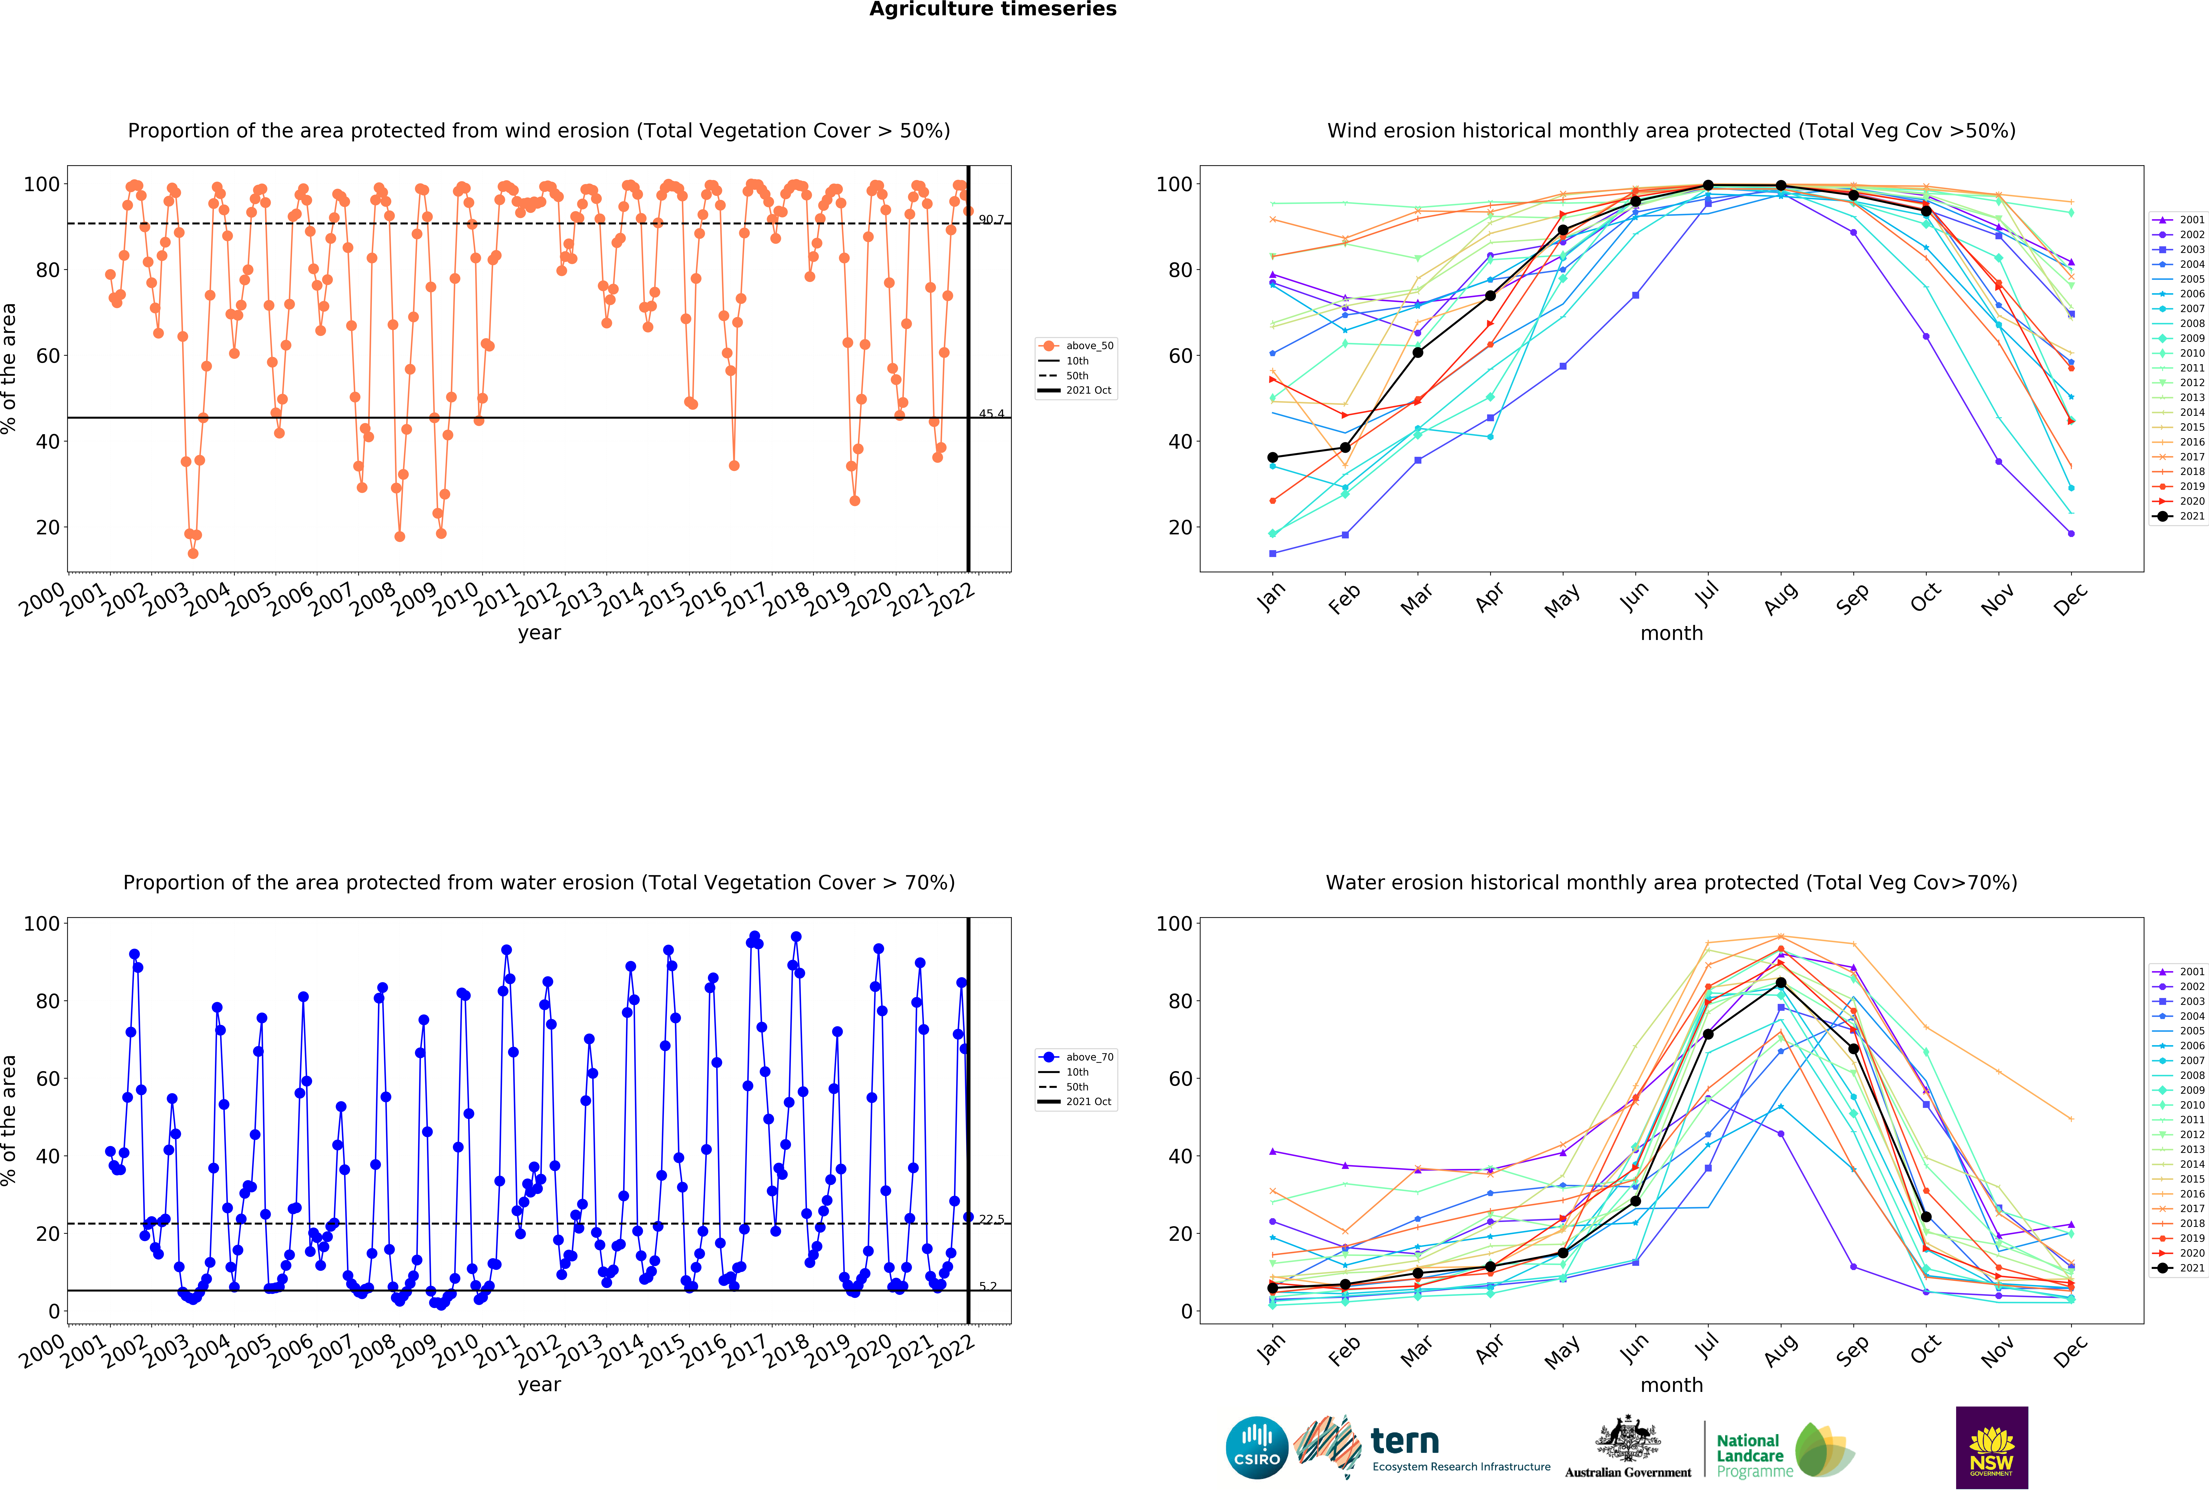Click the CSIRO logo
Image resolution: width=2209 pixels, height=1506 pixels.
click(1257, 1448)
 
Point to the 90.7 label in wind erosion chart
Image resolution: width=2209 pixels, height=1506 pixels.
click(991, 220)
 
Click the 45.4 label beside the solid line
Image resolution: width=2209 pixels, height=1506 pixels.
click(991, 414)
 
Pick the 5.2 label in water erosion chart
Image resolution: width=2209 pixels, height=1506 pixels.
click(988, 1286)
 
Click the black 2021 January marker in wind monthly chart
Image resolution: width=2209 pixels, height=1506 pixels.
click(1273, 457)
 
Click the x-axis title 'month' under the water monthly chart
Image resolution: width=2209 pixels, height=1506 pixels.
click(1671, 1385)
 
